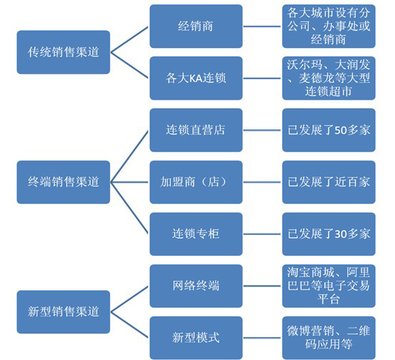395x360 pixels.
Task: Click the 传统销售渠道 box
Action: click(63, 52)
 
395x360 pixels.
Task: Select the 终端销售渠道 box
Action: click(63, 182)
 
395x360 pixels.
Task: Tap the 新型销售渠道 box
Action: click(63, 312)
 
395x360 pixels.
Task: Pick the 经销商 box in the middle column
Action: click(196, 26)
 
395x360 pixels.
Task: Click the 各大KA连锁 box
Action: click(196, 78)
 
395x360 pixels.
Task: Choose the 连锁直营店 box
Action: click(196, 130)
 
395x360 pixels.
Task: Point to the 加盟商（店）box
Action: click(196, 182)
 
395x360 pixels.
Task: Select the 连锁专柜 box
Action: click(196, 234)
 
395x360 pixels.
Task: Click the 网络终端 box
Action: click(196, 286)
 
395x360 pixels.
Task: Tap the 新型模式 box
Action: click(196, 338)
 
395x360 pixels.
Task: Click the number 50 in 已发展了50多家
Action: click(341, 130)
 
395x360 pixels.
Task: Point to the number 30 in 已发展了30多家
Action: click(341, 234)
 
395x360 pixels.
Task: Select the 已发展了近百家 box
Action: click(329, 182)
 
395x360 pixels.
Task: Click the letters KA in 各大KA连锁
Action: click(196, 78)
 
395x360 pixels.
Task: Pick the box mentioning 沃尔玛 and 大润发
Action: click(329, 78)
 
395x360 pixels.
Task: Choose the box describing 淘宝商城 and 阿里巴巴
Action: click(329, 286)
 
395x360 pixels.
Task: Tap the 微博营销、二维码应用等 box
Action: click(329, 338)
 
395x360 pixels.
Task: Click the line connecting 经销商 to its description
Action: click(262, 26)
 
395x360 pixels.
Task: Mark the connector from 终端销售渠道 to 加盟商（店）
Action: click(129, 182)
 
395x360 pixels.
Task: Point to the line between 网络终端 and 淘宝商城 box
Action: click(262, 286)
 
